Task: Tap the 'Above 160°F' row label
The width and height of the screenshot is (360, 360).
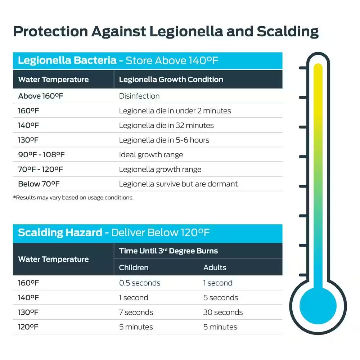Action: pyautogui.click(x=38, y=96)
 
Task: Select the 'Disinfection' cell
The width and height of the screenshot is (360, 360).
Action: pyautogui.click(x=139, y=96)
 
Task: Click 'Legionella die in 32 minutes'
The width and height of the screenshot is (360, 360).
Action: pyautogui.click(x=166, y=126)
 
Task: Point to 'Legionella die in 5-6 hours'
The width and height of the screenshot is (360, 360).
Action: pyautogui.click(x=164, y=140)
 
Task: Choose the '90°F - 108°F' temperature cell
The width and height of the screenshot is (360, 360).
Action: pyautogui.click(x=41, y=155)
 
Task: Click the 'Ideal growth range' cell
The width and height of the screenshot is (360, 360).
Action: pyautogui.click(x=151, y=155)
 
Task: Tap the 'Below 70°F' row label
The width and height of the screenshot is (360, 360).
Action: pyautogui.click(x=39, y=184)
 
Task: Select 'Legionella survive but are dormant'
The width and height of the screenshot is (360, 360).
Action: pyautogui.click(x=178, y=184)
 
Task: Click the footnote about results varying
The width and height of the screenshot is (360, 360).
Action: pyautogui.click(x=73, y=198)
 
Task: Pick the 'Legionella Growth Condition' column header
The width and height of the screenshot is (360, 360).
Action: pyautogui.click(x=171, y=80)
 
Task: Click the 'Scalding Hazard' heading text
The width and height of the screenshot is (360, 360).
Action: pyautogui.click(x=60, y=233)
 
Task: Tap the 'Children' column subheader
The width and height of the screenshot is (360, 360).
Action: pyautogui.click(x=134, y=268)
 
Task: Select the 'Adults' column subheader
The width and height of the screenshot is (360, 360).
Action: pyautogui.click(x=215, y=268)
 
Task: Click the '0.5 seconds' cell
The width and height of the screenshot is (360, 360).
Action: pyautogui.click(x=140, y=283)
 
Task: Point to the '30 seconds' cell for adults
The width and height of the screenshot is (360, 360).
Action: pyautogui.click(x=223, y=312)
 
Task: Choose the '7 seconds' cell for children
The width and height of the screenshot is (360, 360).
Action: pyautogui.click(x=136, y=312)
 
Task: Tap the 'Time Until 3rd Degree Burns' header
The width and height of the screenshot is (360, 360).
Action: pyautogui.click(x=168, y=251)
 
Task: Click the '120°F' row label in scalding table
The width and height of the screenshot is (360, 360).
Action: pyautogui.click(x=28, y=327)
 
